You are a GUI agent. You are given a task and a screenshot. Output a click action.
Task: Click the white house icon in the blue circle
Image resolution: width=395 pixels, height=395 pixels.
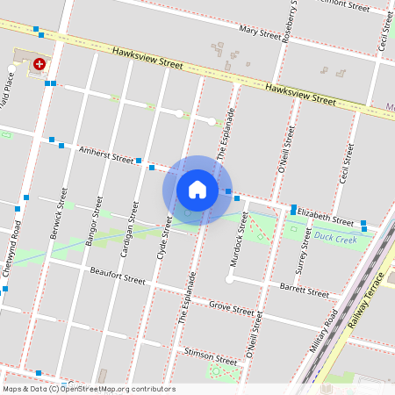click(197, 190)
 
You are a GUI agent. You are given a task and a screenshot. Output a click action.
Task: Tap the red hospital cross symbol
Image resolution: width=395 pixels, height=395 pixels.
click(39, 64)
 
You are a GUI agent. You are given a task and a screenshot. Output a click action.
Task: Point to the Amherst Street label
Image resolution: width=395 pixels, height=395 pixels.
click(106, 154)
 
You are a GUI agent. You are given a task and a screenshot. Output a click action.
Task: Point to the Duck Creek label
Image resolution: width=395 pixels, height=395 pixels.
click(334, 237)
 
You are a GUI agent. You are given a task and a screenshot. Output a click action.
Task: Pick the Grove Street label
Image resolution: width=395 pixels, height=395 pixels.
click(231, 307)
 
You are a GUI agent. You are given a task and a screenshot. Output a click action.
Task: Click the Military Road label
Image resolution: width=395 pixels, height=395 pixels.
click(324, 331)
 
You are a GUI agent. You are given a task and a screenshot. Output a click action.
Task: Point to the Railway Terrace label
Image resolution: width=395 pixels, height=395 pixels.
click(366, 300)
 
